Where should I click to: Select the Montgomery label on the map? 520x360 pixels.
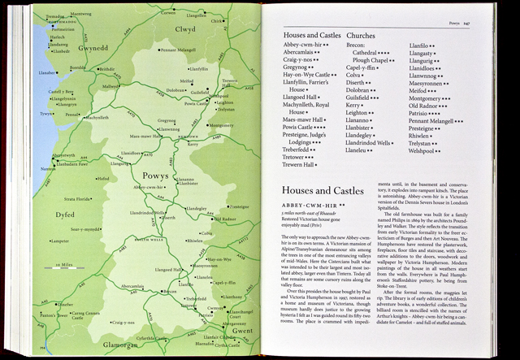click(221, 125)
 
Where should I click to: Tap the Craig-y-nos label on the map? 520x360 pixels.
click(128, 323)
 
